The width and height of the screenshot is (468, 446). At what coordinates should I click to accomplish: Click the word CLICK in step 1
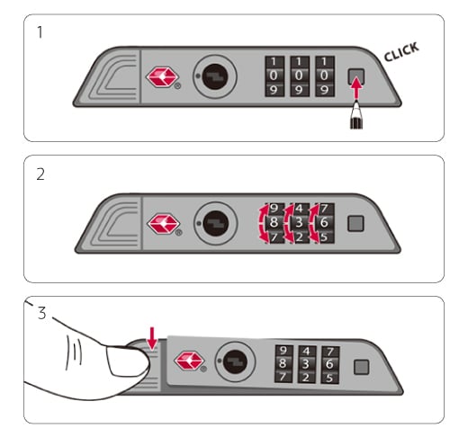[x=401, y=51]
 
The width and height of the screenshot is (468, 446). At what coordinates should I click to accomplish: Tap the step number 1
[x=40, y=32]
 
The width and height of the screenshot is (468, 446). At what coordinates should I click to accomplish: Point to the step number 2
[x=40, y=174]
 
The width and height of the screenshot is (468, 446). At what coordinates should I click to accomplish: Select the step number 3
[x=42, y=313]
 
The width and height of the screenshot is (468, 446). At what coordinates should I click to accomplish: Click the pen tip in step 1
[x=356, y=104]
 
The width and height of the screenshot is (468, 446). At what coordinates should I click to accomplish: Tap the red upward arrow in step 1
[x=356, y=88]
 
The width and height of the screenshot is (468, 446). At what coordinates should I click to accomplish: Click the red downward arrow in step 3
[x=152, y=338]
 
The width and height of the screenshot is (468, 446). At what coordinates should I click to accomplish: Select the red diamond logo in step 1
[x=162, y=77]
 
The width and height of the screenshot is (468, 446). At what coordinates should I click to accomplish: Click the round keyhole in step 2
[x=216, y=224]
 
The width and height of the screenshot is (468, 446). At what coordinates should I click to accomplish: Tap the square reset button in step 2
[x=355, y=224]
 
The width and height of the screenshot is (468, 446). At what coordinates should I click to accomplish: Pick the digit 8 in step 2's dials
[x=274, y=222]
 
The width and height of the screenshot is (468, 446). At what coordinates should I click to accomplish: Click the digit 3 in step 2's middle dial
[x=299, y=223]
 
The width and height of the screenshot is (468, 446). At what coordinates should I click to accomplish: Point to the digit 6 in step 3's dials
[x=329, y=364]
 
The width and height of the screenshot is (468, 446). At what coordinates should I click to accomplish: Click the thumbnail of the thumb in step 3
[x=125, y=361]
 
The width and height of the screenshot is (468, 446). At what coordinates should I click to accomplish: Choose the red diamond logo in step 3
[x=189, y=361]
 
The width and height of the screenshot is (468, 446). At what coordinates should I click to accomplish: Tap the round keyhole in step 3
[x=235, y=361]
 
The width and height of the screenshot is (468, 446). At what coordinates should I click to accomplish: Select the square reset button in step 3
[x=361, y=367]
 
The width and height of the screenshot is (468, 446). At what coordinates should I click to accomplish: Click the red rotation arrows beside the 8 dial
[x=263, y=223]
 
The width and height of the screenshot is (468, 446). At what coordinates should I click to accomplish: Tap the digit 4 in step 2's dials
[x=299, y=209]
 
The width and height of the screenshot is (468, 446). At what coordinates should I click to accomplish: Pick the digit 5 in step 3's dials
[x=329, y=378]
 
